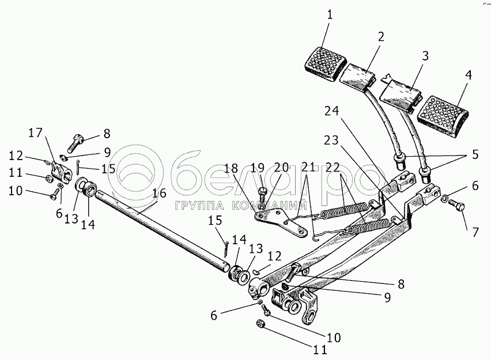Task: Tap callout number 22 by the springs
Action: (x=331, y=168)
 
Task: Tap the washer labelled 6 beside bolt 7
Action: (x=445, y=199)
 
